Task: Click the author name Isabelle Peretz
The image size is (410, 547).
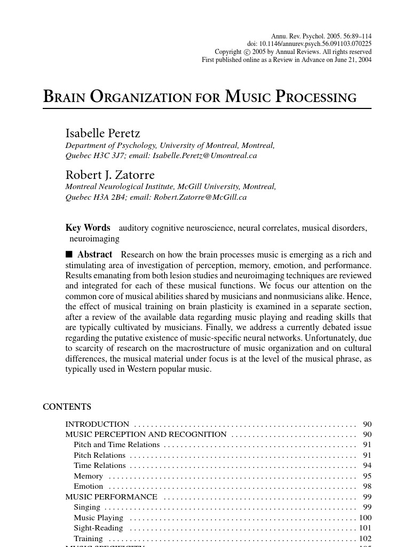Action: click(x=102, y=133)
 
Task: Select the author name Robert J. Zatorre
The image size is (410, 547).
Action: click(x=110, y=175)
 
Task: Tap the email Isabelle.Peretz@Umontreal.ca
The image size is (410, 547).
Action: click(x=204, y=155)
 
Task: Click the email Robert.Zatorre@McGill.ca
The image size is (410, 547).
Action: click(x=200, y=197)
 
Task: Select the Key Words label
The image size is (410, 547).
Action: click(x=88, y=228)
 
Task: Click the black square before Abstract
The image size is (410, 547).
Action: click(x=69, y=255)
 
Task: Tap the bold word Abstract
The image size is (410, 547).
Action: click(x=94, y=255)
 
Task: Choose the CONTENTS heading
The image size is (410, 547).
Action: click(x=67, y=407)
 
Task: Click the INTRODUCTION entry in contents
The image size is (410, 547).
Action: click(x=97, y=424)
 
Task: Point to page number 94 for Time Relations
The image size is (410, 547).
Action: click(x=367, y=465)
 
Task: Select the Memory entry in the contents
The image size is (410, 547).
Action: click(x=88, y=476)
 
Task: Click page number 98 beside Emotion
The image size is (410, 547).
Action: click(x=367, y=486)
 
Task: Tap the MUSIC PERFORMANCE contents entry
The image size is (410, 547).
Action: click(x=111, y=497)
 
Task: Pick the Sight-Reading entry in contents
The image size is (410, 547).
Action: click(x=98, y=528)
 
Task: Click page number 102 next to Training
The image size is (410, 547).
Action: click(x=365, y=538)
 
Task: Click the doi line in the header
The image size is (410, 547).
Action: click(x=309, y=44)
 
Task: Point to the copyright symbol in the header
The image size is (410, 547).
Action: click(x=247, y=52)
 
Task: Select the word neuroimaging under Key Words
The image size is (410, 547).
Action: click(x=94, y=239)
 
